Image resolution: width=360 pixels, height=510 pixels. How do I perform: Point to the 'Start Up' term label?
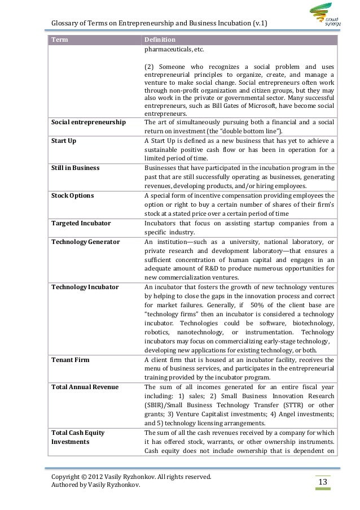(64, 140)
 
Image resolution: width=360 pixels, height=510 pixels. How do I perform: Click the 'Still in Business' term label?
(75, 168)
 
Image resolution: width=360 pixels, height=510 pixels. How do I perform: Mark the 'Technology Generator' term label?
(85, 241)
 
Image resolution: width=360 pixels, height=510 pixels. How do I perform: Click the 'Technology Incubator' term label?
(85, 287)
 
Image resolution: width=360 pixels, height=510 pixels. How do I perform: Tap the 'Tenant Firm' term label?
(70, 359)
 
